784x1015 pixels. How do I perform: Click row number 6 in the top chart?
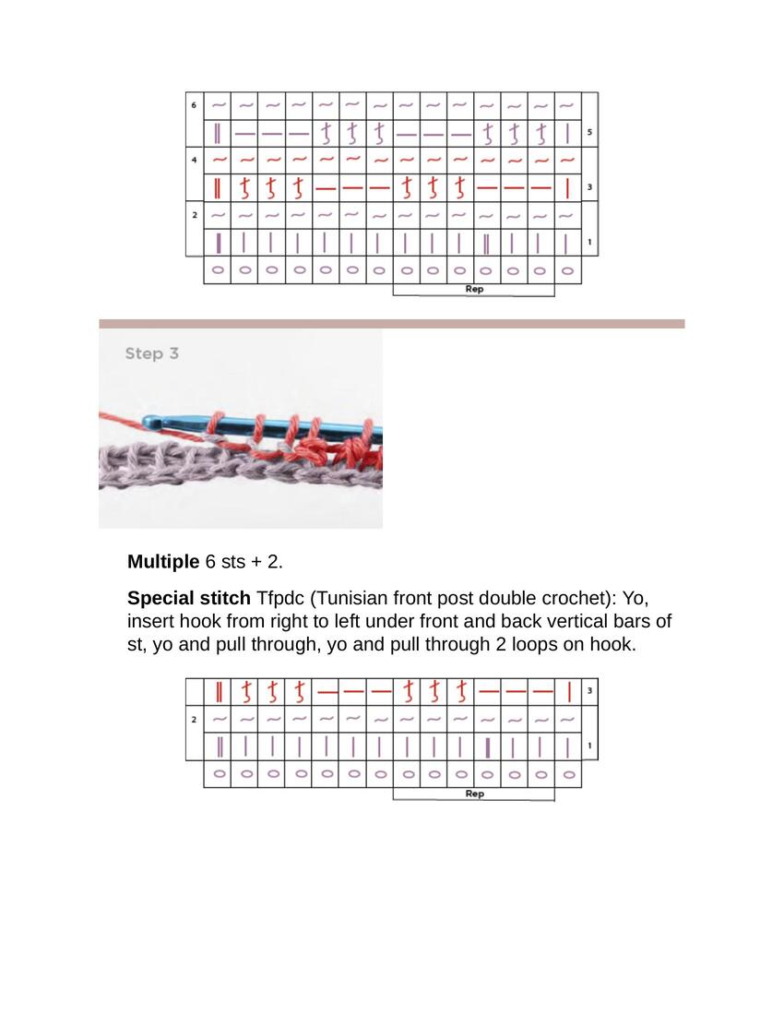tap(194, 105)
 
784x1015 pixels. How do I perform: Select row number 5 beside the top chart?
tap(588, 133)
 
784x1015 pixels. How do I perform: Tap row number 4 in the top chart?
tap(194, 160)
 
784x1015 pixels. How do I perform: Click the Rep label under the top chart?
tap(474, 289)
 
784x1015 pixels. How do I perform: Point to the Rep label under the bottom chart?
tap(474, 794)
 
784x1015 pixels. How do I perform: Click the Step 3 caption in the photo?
tap(151, 353)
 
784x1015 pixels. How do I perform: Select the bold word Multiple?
tap(162, 562)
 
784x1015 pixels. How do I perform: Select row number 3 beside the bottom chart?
tap(588, 690)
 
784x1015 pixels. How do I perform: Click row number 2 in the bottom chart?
tap(194, 718)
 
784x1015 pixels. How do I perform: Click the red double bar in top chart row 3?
tap(218, 187)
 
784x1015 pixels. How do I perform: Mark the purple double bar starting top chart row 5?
tap(218, 133)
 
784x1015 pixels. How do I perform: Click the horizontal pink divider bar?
tap(391, 324)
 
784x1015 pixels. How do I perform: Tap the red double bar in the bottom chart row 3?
tap(219, 691)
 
